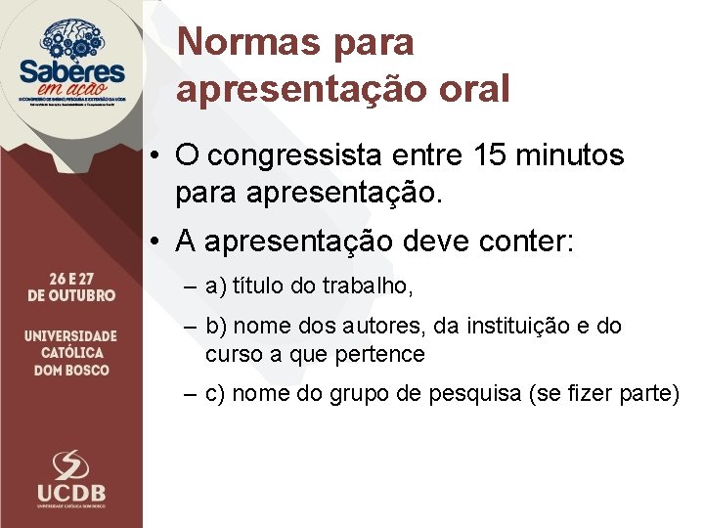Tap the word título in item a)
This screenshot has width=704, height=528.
click(260, 286)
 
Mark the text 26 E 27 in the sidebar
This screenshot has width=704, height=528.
click(71, 277)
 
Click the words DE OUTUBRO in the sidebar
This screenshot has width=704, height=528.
click(71, 294)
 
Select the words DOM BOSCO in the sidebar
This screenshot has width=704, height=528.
click(71, 371)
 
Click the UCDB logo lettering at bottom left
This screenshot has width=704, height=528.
click(70, 492)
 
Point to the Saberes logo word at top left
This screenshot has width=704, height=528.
click(71, 72)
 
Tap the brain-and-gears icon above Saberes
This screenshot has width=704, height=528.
click(72, 37)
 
